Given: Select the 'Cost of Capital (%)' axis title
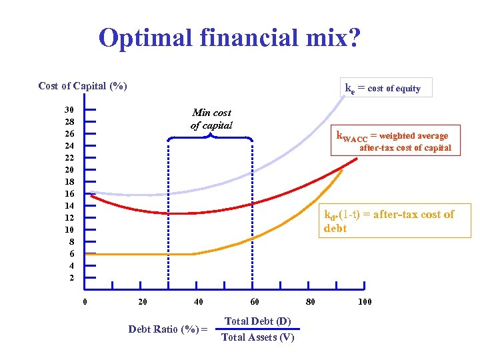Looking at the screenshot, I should point(83,86).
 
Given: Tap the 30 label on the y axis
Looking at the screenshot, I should point(69,110).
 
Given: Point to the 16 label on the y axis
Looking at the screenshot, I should point(69,194).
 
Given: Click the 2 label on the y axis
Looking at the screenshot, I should point(71,278).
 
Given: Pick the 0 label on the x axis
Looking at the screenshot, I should point(85,302).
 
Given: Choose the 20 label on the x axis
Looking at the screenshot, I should point(142,302).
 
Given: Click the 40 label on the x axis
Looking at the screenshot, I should point(199,302).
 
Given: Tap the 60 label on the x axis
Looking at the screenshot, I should point(255,302).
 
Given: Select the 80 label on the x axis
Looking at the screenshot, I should point(311,302).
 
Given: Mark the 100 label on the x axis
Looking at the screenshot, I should point(365,302).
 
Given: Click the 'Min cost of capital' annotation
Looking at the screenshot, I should point(211,119).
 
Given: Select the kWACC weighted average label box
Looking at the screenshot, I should point(395,141).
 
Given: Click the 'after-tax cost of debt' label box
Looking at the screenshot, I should point(395,221).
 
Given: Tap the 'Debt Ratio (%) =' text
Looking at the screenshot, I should point(167,329).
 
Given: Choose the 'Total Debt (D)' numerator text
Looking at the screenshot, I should point(257,321).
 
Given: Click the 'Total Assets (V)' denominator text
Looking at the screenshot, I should point(257,337).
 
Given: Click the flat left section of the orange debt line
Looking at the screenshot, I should point(140,254).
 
